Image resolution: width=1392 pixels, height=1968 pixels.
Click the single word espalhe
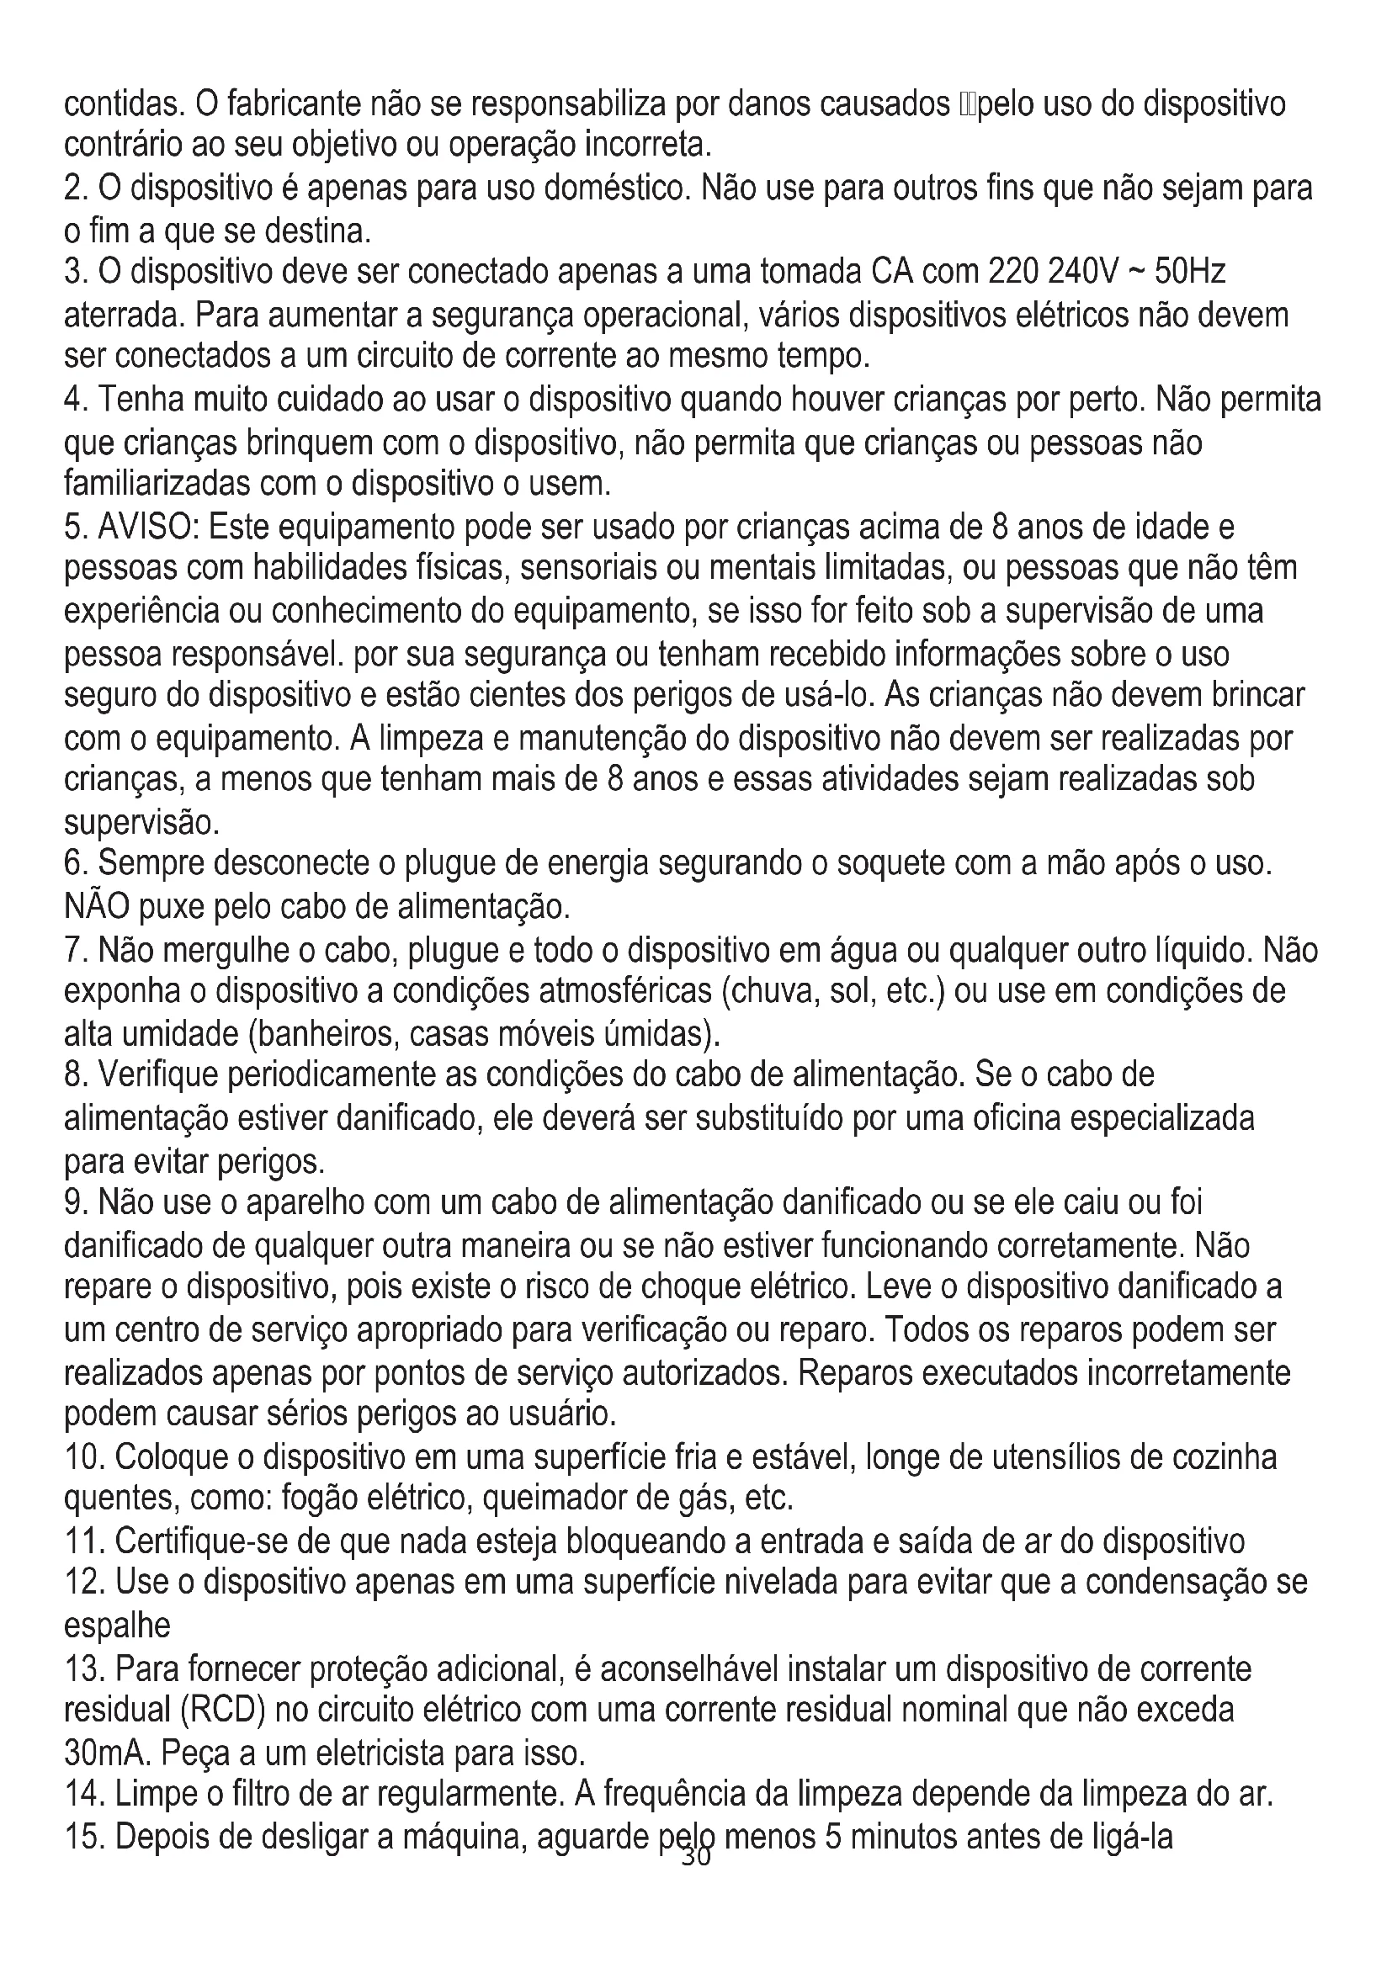118,1624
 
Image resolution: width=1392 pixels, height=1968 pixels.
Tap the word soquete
890,864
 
